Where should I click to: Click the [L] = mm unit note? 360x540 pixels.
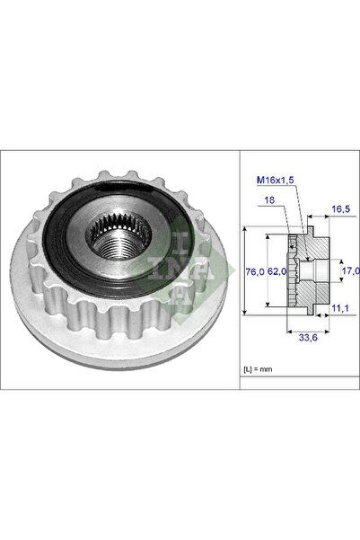(x=259, y=370)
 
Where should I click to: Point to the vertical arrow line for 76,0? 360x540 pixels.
(x=245, y=270)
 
